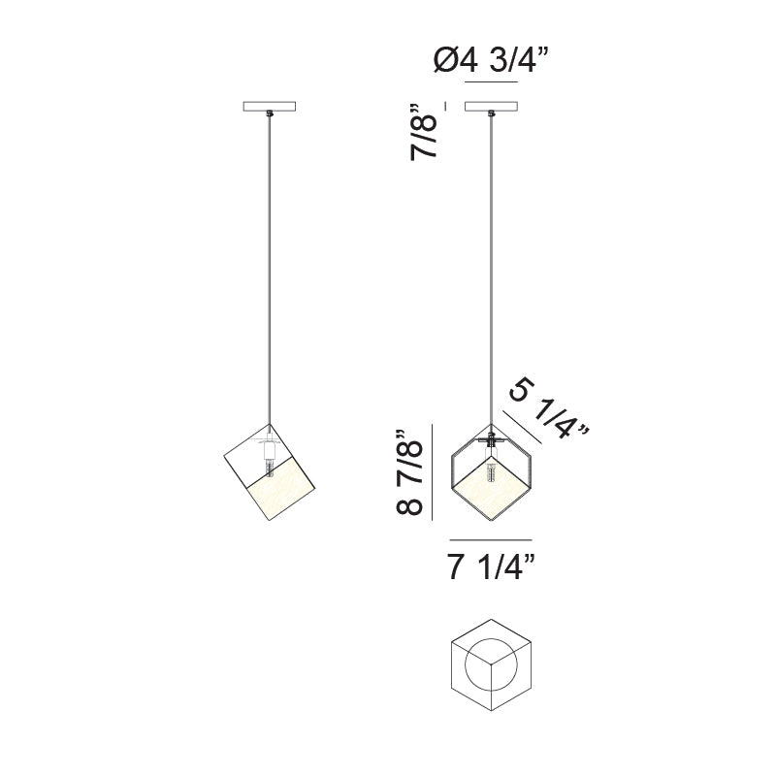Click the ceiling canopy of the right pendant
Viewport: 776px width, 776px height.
[x=491, y=107]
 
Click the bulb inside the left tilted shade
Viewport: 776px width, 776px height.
[x=267, y=469]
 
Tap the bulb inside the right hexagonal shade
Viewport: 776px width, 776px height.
[x=491, y=479]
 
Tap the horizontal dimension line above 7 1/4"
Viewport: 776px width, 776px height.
[x=491, y=539]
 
